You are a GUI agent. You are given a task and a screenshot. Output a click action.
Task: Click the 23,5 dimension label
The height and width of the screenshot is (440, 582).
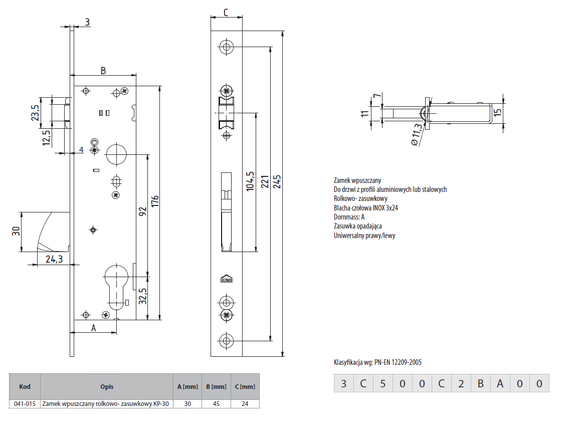(x=35, y=113)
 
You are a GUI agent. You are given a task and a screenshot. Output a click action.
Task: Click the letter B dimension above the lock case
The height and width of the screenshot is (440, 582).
(x=103, y=71)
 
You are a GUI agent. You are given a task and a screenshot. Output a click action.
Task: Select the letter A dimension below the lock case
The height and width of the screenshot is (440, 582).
(x=93, y=328)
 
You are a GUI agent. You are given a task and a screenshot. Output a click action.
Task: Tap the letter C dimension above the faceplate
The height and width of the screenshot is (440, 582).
(x=226, y=13)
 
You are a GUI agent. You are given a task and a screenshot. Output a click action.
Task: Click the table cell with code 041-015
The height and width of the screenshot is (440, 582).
(x=25, y=403)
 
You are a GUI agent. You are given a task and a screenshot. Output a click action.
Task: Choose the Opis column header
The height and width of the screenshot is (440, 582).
(x=106, y=386)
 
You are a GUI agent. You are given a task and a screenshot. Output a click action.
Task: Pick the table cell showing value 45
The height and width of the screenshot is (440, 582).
(x=216, y=403)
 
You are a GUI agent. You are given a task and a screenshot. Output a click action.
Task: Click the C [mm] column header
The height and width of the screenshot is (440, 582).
(x=245, y=386)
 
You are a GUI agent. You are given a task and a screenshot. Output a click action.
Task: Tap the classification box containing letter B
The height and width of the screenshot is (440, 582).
(x=480, y=384)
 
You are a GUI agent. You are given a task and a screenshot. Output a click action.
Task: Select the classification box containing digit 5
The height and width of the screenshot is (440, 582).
(x=382, y=384)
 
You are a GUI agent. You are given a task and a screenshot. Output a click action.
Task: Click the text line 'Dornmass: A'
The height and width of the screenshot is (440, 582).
(x=349, y=217)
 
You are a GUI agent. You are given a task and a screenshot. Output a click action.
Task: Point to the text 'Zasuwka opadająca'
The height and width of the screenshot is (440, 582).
(x=357, y=226)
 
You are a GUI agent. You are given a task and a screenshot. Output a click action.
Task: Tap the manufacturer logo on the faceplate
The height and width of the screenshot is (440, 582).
(x=227, y=279)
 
